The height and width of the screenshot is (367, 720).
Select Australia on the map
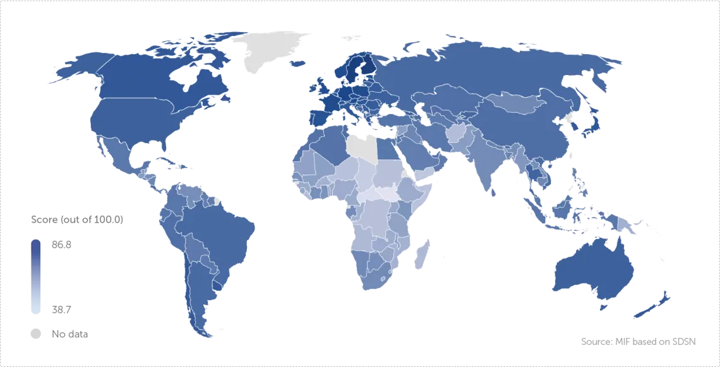(594, 271)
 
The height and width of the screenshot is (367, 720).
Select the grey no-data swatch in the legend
(37, 334)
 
